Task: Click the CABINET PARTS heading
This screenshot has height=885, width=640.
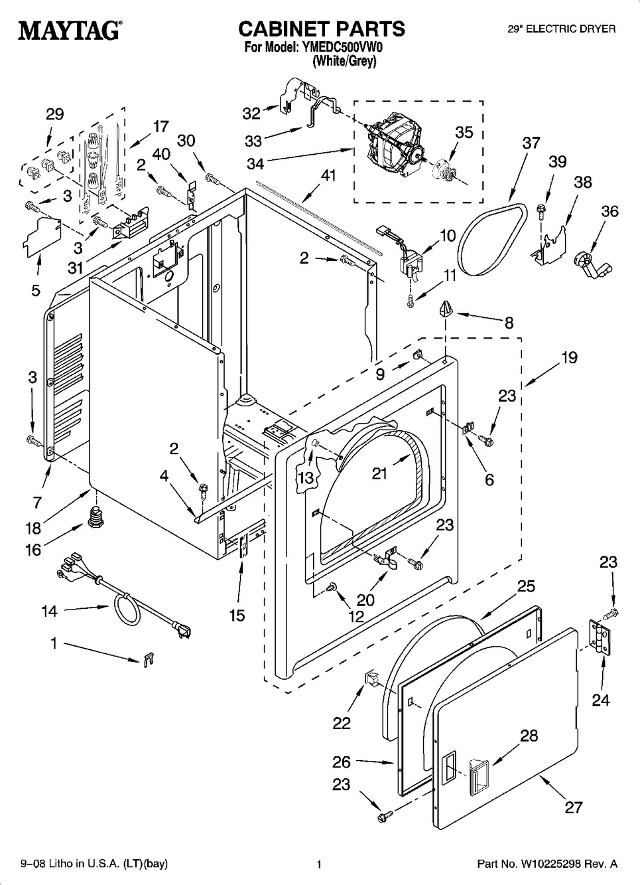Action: point(321,29)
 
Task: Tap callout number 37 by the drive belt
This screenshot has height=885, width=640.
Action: point(531,143)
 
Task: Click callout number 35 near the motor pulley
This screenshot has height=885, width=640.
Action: point(464,132)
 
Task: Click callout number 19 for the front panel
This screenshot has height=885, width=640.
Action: point(568,358)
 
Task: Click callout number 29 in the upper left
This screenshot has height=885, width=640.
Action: point(54,114)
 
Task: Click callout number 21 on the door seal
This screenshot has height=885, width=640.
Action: point(379,473)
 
